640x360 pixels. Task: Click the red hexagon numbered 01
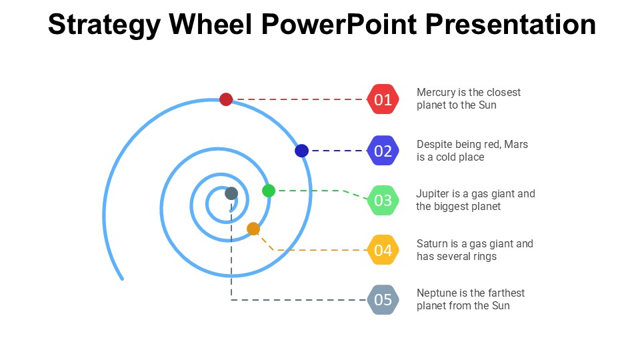coord(383,100)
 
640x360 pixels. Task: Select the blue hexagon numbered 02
coord(383,151)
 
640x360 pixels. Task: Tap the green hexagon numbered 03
coord(383,200)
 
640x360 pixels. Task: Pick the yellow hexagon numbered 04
coord(383,250)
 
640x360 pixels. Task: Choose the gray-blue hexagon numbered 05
coord(383,300)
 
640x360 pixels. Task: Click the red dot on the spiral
coord(226,99)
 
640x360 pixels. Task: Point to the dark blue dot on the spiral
coord(301,151)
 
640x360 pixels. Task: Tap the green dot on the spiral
coord(269,191)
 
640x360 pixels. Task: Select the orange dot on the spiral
coord(253,229)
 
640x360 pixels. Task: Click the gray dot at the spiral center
coord(231,193)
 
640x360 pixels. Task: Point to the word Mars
coord(516,144)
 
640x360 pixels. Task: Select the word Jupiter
coord(433,194)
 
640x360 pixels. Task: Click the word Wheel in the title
coord(211,25)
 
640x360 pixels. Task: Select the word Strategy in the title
coord(104,25)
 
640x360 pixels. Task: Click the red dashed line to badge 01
coord(300,99)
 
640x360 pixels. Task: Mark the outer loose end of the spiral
coord(122,279)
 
